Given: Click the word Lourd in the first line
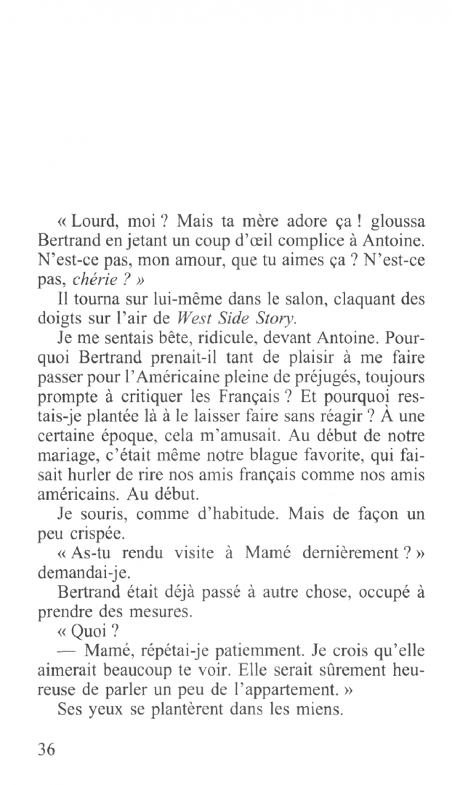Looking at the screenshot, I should (x=94, y=220).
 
